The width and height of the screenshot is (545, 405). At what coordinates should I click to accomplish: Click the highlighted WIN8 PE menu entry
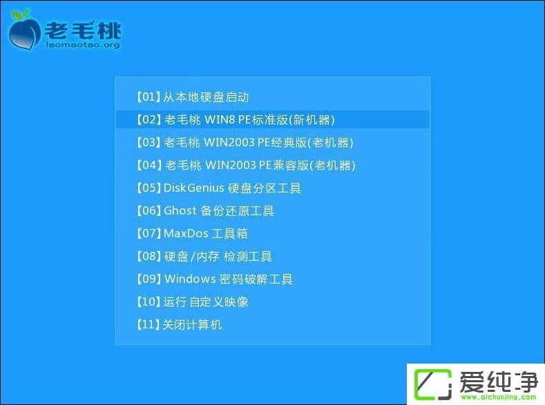coord(236,119)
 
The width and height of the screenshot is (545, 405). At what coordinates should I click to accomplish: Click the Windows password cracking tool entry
coord(215,279)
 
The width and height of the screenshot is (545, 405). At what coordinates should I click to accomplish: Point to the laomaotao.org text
coord(82,45)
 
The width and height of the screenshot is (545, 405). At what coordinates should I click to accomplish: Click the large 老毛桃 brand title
coord(82,30)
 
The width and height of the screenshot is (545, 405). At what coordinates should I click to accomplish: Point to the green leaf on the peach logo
coord(22,14)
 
